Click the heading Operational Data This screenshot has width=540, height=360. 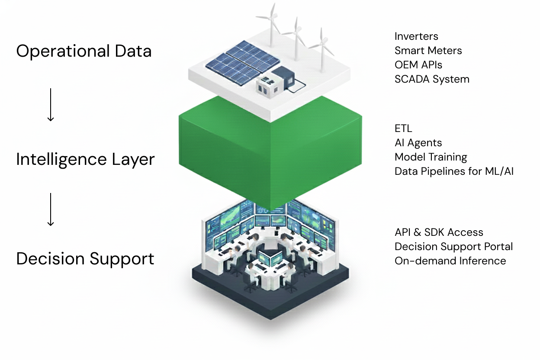84,51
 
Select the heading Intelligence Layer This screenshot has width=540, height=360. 85,159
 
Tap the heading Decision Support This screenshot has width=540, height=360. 85,259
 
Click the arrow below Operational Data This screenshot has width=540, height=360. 51,105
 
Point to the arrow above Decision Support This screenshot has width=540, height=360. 51,209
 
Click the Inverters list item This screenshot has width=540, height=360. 416,36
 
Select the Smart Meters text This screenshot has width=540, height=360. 428,51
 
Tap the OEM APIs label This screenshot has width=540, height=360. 418,65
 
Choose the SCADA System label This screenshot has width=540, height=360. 432,79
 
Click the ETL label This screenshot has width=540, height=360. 403,129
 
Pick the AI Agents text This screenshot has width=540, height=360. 418,143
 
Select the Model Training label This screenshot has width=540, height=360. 431,157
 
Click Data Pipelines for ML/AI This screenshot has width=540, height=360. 454,171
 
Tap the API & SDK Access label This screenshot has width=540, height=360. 439,232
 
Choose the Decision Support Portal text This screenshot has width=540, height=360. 453,247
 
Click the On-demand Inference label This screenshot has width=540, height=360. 450,261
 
